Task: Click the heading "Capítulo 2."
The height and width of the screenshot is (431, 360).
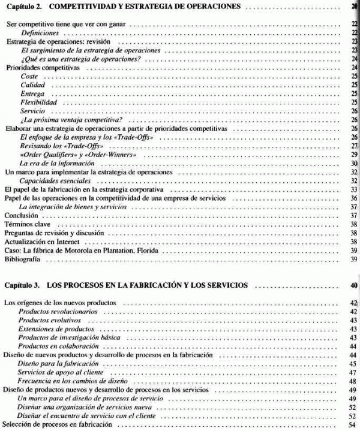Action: pos(26,7)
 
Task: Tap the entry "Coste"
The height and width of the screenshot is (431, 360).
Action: pos(29,77)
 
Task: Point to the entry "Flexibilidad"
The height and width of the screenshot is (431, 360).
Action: pos(38,103)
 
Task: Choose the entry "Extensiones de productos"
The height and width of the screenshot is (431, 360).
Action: pos(56,330)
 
